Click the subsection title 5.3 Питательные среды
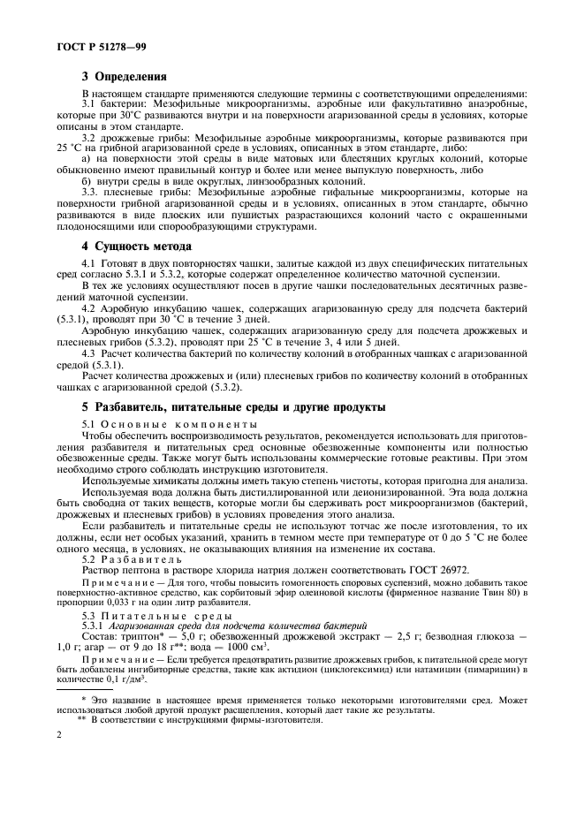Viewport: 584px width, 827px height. pos(143,614)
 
